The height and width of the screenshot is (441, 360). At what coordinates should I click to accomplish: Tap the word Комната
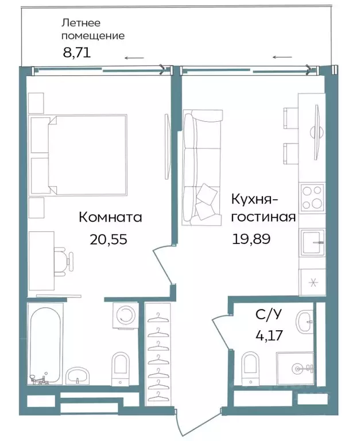(110, 218)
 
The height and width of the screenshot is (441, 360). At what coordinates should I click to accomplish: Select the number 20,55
(108, 239)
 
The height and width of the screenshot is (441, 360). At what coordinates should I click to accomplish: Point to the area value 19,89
(251, 238)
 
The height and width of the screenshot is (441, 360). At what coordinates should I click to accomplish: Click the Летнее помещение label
(92, 29)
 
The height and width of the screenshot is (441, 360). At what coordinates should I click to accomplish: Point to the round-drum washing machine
(124, 315)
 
